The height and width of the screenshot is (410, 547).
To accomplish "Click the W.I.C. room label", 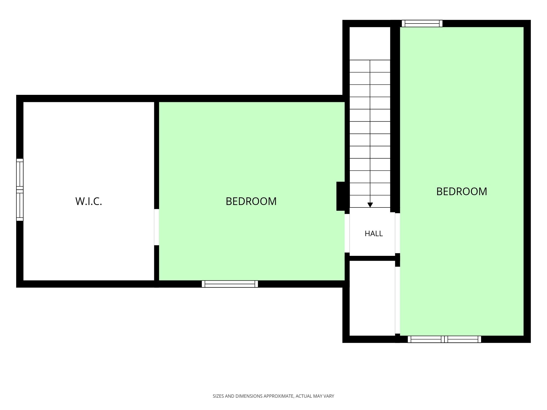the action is (89, 201).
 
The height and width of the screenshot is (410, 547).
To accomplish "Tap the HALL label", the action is (374, 233).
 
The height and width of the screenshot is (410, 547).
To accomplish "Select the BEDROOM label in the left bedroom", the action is (251, 201).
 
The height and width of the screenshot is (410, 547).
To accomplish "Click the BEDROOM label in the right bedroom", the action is (462, 191).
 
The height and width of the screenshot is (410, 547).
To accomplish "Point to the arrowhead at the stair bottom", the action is (370, 205).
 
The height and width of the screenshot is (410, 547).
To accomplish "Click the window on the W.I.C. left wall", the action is (20, 190).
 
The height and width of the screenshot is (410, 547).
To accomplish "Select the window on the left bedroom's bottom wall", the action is (230, 284).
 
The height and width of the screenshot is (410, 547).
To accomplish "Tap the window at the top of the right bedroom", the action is (422, 24).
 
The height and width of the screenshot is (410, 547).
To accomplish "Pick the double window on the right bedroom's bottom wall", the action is (444, 339).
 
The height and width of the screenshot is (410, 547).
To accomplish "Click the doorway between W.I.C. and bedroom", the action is (156, 227).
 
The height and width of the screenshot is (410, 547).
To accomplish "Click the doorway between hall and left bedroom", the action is (347, 233).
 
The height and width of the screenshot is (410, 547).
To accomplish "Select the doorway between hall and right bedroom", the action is (397, 233).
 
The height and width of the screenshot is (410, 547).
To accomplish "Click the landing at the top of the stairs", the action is (370, 43).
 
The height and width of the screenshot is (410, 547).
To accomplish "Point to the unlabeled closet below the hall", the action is (372, 298).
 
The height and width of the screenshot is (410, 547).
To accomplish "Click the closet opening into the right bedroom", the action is (397, 300).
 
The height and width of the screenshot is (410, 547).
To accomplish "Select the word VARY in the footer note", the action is (329, 396).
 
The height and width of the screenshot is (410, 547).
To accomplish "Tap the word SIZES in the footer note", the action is (218, 396).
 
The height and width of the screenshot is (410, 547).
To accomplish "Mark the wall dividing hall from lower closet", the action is (372, 258).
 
